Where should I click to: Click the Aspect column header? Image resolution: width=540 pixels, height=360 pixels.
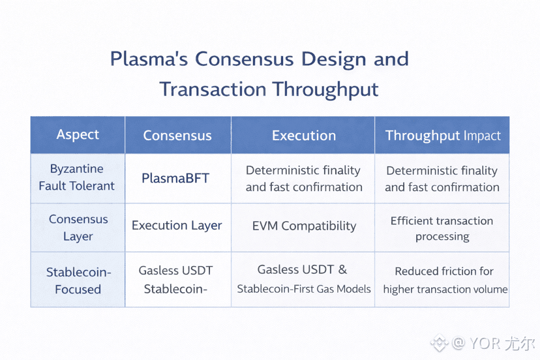(78, 135)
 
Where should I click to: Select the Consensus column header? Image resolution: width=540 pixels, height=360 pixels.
(177, 136)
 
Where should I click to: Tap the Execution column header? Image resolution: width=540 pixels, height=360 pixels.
(304, 136)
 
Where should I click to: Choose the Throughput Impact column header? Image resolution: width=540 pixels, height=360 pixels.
(443, 136)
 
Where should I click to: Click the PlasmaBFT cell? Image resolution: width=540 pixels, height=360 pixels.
(175, 178)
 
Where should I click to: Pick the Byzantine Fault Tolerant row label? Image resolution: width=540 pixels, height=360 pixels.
(77, 177)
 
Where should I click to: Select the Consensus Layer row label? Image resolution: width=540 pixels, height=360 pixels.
(78, 228)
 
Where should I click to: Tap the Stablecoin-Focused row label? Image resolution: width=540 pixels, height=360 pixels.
(78, 280)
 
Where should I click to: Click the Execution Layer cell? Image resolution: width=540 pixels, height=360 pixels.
(177, 226)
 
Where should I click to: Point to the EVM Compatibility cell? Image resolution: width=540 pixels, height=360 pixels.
(304, 227)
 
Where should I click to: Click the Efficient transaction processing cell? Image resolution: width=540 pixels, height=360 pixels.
(442, 228)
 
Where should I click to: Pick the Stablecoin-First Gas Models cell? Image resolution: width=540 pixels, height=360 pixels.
(304, 279)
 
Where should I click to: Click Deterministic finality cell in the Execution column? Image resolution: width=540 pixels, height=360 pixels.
(304, 179)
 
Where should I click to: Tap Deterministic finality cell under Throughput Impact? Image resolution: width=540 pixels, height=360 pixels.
(442, 179)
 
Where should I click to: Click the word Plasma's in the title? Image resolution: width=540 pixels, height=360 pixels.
(149, 59)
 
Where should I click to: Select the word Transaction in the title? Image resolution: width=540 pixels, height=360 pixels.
(213, 89)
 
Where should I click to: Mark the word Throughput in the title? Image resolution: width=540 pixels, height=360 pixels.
(325, 89)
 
